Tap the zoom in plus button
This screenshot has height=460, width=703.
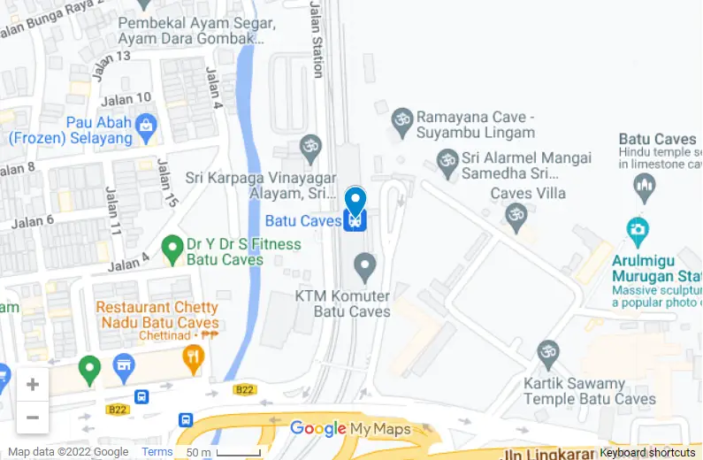pyautogui.click(x=33, y=384)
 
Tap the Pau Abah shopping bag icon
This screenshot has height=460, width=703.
pyautogui.click(x=145, y=131)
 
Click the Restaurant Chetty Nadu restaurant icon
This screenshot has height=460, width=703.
pyautogui.click(x=193, y=358)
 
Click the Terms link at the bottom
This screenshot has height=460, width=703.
pyautogui.click(x=157, y=452)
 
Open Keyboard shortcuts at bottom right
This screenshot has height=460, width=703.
pyautogui.click(x=647, y=452)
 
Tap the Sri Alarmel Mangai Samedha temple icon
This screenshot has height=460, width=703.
pyautogui.click(x=447, y=162)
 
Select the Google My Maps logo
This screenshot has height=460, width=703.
pyautogui.click(x=350, y=430)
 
